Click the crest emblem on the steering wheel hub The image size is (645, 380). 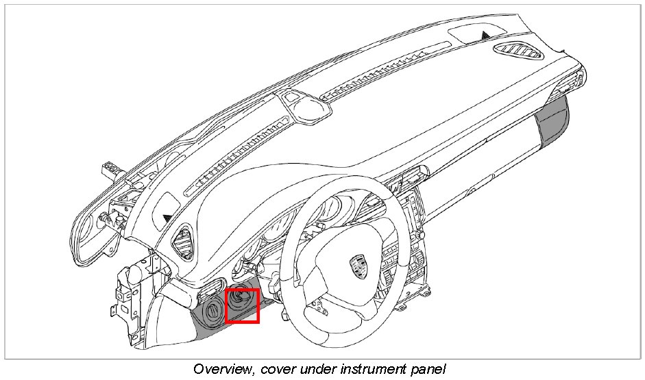(x=356, y=264)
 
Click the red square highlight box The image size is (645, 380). (x=242, y=305)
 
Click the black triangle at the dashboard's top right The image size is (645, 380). (x=486, y=34)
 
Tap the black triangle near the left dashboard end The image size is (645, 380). (x=167, y=218)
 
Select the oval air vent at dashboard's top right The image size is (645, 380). (x=519, y=52)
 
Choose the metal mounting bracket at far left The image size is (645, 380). (x=130, y=288)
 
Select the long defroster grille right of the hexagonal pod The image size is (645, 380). (x=384, y=68)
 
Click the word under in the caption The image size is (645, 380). (x=315, y=369)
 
